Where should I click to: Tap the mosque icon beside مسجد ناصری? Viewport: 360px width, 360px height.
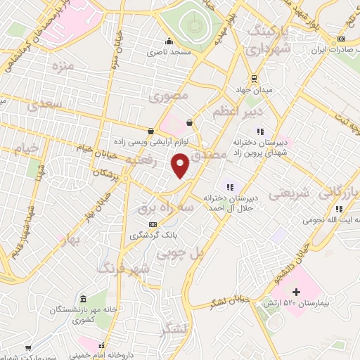(169, 40)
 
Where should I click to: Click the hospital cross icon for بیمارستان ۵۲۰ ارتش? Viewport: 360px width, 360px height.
(295, 292)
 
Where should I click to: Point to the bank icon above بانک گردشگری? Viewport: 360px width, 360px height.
(153, 224)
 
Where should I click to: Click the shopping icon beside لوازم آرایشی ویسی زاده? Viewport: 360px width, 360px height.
(150, 130)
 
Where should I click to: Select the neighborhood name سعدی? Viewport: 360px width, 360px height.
(47, 104)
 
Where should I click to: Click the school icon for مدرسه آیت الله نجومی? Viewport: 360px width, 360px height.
(339, 208)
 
